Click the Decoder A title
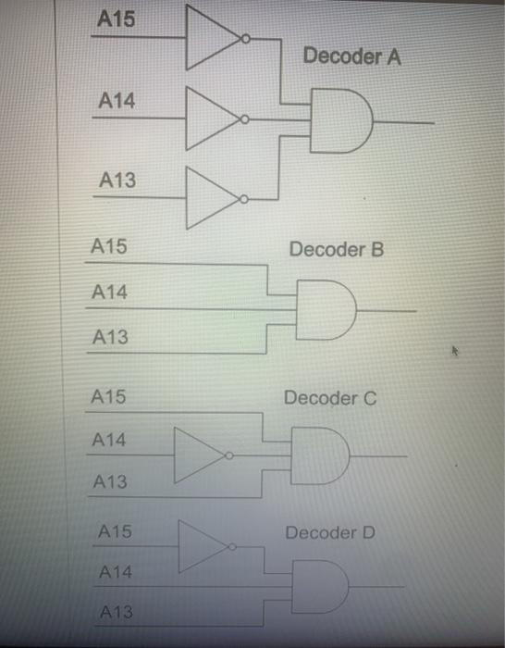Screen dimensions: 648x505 (351, 56)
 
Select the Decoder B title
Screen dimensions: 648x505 (336, 250)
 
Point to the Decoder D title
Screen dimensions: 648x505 (330, 533)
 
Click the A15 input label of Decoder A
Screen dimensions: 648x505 (116, 19)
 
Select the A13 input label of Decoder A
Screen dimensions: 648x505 (117, 181)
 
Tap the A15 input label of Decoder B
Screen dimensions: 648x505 (109, 247)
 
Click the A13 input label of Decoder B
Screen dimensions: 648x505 (110, 339)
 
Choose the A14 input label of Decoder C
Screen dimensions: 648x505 (110, 441)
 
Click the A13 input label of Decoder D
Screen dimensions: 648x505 (116, 612)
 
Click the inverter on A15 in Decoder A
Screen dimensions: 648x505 (215, 38)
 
